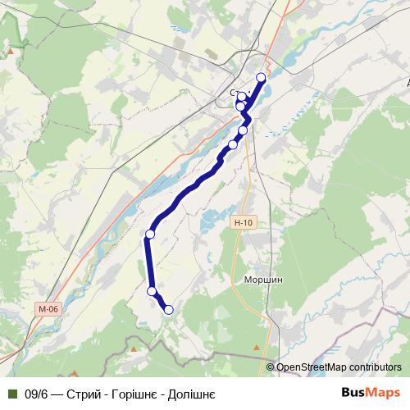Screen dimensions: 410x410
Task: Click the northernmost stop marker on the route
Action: coord(262,77)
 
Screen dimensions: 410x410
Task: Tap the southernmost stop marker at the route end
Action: coord(169,309)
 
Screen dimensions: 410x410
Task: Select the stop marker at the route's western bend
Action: coord(149,235)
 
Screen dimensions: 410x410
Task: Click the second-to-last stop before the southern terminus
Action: coord(152,291)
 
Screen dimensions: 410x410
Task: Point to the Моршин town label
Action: coord(264,280)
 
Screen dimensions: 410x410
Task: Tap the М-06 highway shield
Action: coord(48,309)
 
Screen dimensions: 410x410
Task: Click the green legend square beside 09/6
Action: coord(12,394)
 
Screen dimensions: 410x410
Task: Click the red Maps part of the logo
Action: coord(383,393)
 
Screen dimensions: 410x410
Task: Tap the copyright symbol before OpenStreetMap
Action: coord(270,367)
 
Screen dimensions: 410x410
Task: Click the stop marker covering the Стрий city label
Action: coord(242,98)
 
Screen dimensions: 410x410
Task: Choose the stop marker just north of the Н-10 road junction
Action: coord(243,131)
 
